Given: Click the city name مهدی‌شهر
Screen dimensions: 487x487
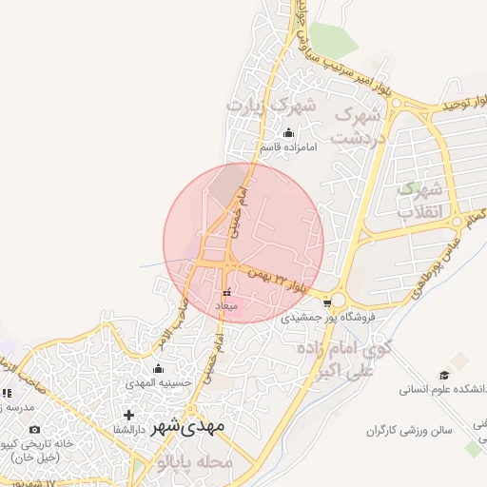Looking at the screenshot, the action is [188, 425].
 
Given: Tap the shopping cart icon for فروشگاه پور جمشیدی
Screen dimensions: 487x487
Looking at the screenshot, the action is [328, 302].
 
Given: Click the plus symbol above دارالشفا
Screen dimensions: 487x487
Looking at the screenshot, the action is [129, 416].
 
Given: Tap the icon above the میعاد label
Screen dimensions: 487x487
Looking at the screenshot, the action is [226, 292].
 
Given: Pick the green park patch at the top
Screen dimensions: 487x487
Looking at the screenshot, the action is [333, 40].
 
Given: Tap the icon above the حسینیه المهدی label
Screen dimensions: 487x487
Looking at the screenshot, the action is [159, 368].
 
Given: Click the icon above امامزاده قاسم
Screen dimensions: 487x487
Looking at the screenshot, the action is [288, 133].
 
